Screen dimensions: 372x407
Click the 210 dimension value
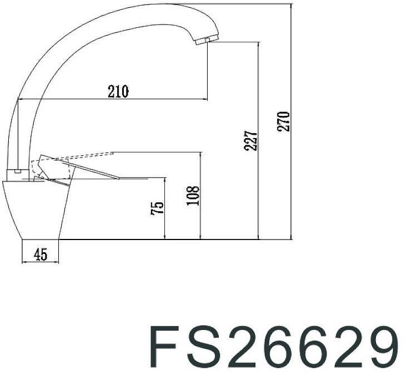[118, 91]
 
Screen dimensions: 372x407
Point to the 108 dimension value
[193, 196]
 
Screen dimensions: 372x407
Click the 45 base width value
[40, 254]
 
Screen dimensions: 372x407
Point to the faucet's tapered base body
[39, 211]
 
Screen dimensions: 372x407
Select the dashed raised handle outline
[72, 157]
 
